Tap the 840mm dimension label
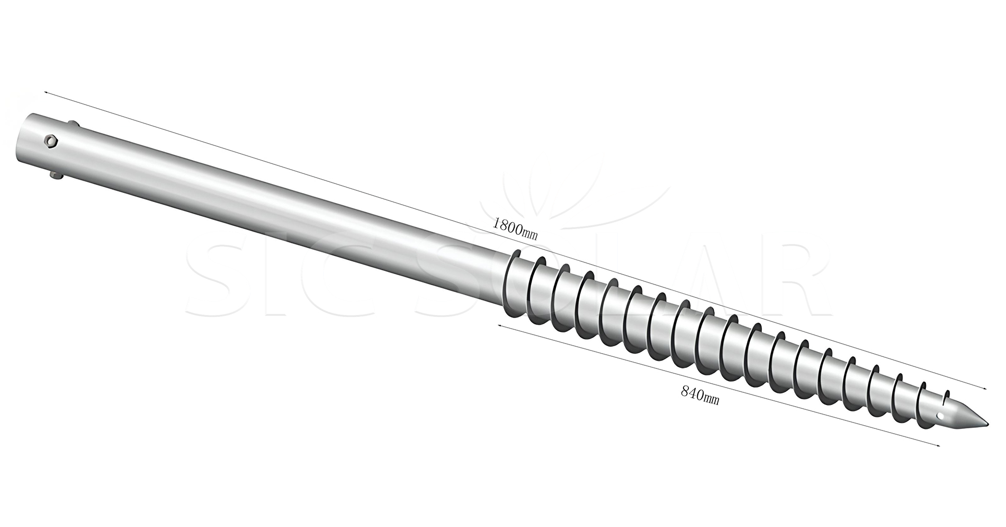point(699,396)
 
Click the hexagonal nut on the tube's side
point(51,141)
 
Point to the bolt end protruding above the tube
point(73,124)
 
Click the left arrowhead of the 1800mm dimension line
point(47,93)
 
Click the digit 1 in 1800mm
point(495,222)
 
